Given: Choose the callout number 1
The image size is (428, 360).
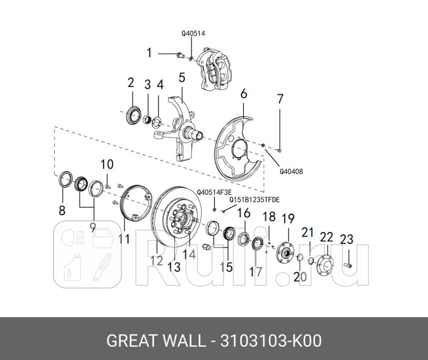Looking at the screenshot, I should tap(149, 53).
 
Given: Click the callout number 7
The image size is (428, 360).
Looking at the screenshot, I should tap(280, 99).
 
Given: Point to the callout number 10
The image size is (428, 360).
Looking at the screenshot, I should tap(107, 165).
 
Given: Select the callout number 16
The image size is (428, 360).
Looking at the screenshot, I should tap(244, 213).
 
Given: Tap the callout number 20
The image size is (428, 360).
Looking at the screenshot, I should tap(300, 276).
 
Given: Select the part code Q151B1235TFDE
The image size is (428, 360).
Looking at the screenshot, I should tap(254, 200).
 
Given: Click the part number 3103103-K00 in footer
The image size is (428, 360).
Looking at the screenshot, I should tap(270, 341).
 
